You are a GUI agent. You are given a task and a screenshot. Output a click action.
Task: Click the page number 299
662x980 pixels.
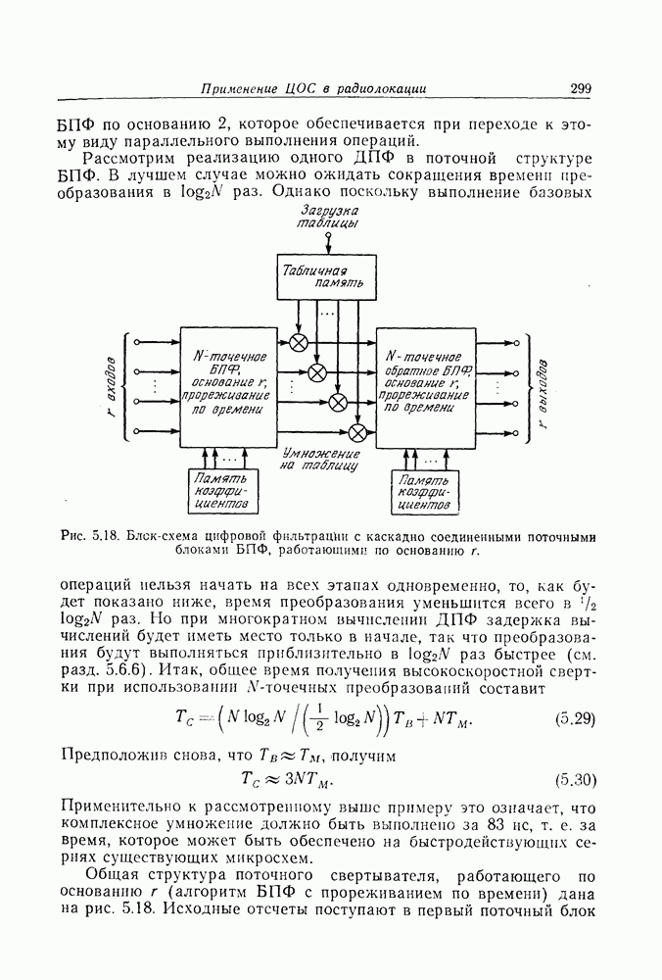coord(580,89)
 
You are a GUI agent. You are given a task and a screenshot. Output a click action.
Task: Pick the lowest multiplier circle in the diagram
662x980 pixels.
coord(358,431)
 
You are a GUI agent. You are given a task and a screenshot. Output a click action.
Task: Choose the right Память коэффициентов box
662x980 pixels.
coord(425,492)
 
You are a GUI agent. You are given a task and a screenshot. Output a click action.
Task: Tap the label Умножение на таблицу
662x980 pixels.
coord(319,461)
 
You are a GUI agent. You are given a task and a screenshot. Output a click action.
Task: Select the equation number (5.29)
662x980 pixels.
coord(575,718)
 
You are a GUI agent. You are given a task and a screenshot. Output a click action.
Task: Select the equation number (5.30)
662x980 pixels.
coord(575,781)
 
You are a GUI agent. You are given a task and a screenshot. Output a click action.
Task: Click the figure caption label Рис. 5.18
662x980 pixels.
coord(89,536)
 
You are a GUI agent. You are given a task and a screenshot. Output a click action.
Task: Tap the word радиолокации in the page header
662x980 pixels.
coord(381,89)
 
